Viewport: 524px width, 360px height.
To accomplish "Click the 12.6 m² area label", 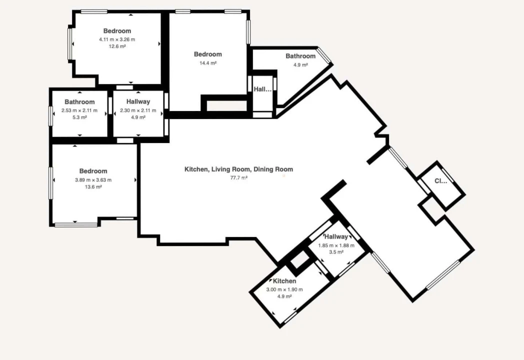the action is pyautogui.click(x=117, y=46).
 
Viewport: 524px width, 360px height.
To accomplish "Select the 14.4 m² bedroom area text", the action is pyautogui.click(x=208, y=63).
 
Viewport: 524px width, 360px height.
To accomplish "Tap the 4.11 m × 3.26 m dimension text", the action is pyautogui.click(x=117, y=39).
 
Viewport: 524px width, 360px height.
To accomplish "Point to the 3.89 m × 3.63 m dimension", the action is pyautogui.click(x=93, y=180).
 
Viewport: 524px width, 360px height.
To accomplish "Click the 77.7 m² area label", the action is pyautogui.click(x=238, y=178).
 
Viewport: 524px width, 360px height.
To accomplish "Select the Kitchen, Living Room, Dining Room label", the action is pyautogui.click(x=238, y=169).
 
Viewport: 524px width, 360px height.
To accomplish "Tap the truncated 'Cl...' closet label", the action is pyautogui.click(x=440, y=181).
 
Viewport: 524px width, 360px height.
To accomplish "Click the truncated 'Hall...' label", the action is pyautogui.click(x=262, y=89).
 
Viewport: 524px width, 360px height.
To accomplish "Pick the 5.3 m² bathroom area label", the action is pyautogui.click(x=79, y=117).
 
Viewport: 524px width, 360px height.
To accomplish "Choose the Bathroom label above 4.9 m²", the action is pyautogui.click(x=300, y=56).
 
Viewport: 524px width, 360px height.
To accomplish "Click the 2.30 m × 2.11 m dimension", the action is pyautogui.click(x=138, y=110).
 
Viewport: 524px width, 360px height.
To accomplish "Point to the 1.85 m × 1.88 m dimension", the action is pyautogui.click(x=336, y=245).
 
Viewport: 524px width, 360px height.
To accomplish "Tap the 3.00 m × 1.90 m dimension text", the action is pyautogui.click(x=284, y=289).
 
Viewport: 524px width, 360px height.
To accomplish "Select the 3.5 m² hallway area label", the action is pyautogui.click(x=336, y=252).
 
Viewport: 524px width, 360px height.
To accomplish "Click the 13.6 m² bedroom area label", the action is pyautogui.click(x=93, y=187).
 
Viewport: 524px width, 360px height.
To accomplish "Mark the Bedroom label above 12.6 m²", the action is pyautogui.click(x=117, y=31).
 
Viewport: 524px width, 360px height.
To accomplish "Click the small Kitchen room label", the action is pyautogui.click(x=284, y=281).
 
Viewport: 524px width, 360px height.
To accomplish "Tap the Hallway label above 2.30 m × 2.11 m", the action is pyautogui.click(x=138, y=101).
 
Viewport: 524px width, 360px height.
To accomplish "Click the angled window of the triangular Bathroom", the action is pyautogui.click(x=324, y=55).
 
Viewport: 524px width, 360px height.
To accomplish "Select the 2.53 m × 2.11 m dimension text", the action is pyautogui.click(x=79, y=110).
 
